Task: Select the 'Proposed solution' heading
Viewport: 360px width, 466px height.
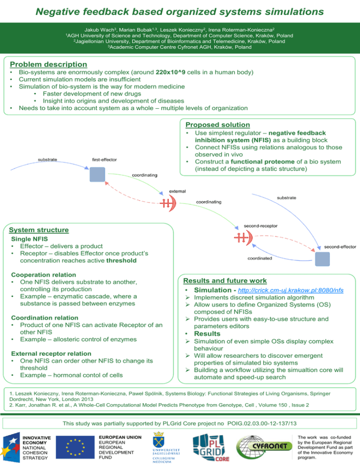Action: point(217,125)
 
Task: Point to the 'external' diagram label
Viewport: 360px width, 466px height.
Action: point(177,191)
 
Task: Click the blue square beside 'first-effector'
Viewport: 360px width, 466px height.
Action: point(96,175)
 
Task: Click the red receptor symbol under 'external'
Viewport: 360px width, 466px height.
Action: point(168,202)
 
